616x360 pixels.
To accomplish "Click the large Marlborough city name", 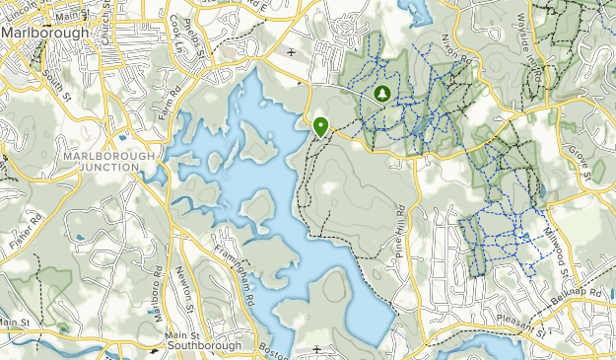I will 44,31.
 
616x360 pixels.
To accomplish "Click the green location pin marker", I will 320,126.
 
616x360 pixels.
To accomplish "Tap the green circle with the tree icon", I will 381,94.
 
